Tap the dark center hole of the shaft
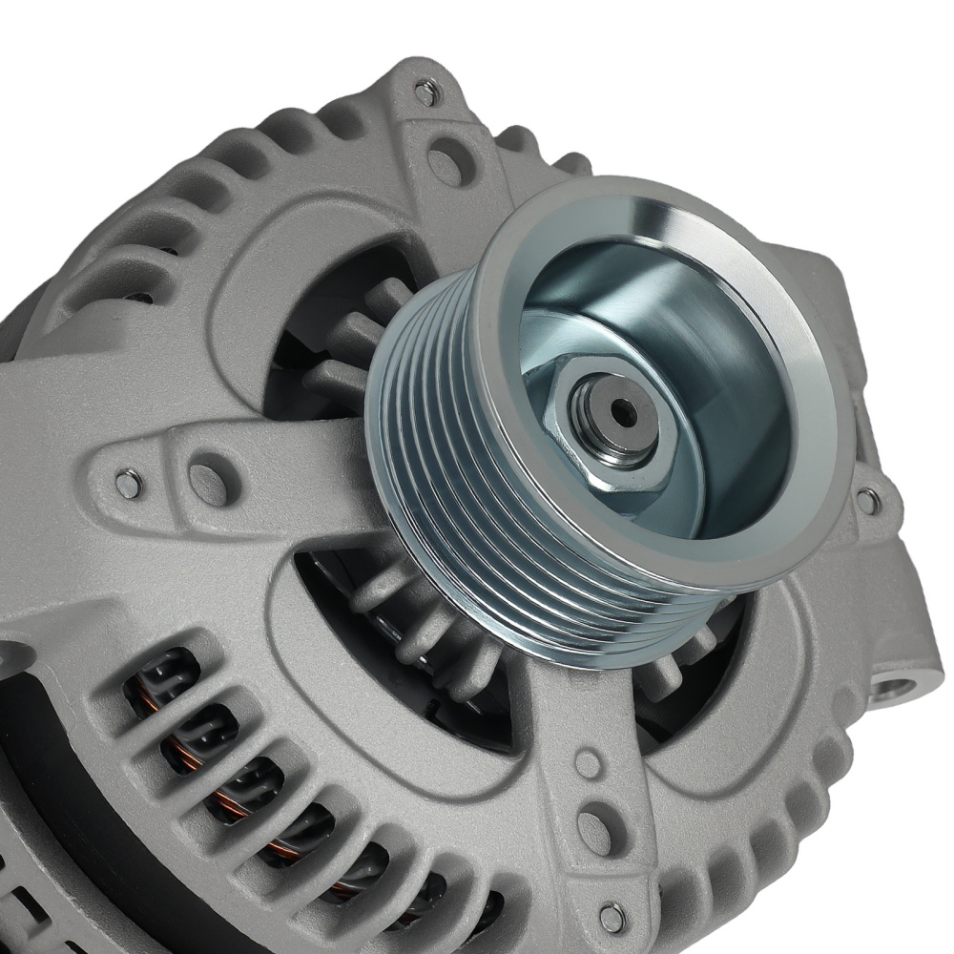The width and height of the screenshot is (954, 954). click(623, 412)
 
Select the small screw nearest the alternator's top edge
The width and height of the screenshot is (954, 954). click(426, 93)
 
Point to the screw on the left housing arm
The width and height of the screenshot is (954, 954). click(128, 485)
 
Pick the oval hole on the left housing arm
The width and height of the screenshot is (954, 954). click(209, 480)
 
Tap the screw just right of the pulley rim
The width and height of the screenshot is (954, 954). click(867, 499)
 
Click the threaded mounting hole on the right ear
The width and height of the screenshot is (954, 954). click(895, 685)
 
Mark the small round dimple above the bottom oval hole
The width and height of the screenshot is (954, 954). click(588, 763)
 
